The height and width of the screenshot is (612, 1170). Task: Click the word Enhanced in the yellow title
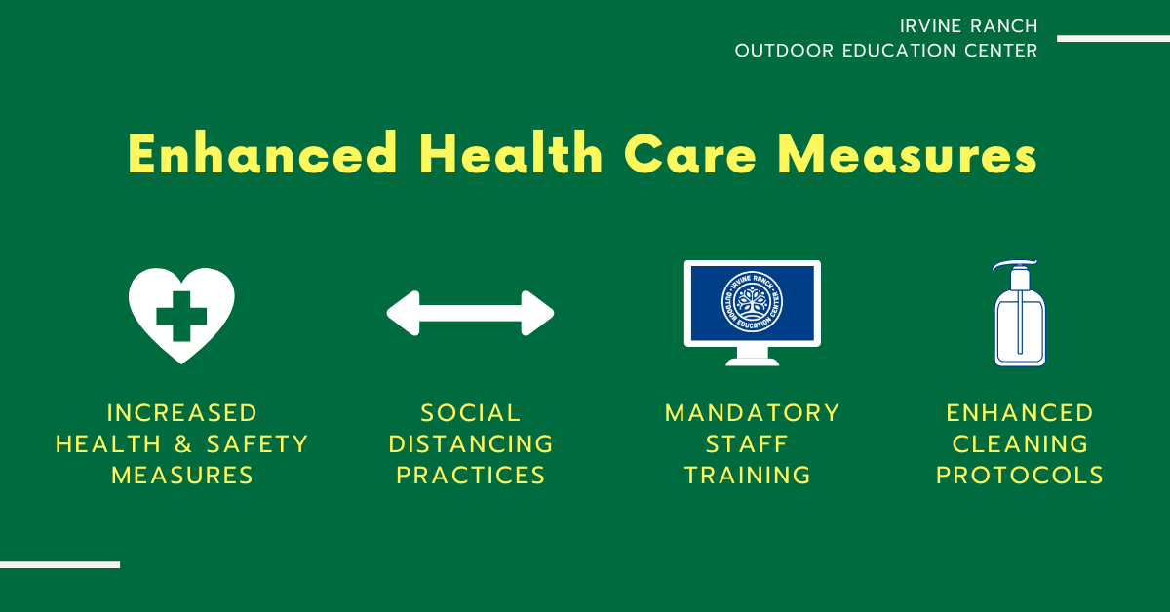pyautogui.click(x=262, y=153)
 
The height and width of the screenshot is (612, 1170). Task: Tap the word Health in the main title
pyautogui.click(x=511, y=153)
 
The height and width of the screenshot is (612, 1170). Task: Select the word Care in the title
pyautogui.click(x=690, y=154)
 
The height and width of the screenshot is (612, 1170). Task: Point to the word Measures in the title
pyautogui.click(x=908, y=154)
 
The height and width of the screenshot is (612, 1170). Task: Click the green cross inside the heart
pyautogui.click(x=181, y=316)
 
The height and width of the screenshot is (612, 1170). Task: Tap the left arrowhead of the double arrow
pyautogui.click(x=404, y=314)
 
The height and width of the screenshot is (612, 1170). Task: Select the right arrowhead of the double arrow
pyautogui.click(x=537, y=314)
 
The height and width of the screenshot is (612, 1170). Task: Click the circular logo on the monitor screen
pyautogui.click(x=752, y=302)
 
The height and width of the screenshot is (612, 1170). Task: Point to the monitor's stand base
pyautogui.click(x=752, y=362)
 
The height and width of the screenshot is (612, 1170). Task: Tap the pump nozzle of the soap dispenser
pyautogui.click(x=1014, y=264)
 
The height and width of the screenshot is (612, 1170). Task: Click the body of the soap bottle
pyautogui.click(x=1020, y=328)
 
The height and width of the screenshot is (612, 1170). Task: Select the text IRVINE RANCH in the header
pyautogui.click(x=968, y=26)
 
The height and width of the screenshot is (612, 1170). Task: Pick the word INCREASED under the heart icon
pyautogui.click(x=181, y=413)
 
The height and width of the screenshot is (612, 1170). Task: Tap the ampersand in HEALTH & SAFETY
pyautogui.click(x=183, y=444)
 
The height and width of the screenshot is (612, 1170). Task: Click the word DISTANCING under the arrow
pyautogui.click(x=471, y=444)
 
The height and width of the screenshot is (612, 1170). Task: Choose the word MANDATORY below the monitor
pyautogui.click(x=752, y=413)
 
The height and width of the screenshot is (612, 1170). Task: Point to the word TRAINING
pyautogui.click(x=748, y=476)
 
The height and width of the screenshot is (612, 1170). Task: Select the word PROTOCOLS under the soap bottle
pyautogui.click(x=1020, y=476)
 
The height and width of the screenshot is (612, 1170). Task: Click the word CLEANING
pyautogui.click(x=1020, y=444)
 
